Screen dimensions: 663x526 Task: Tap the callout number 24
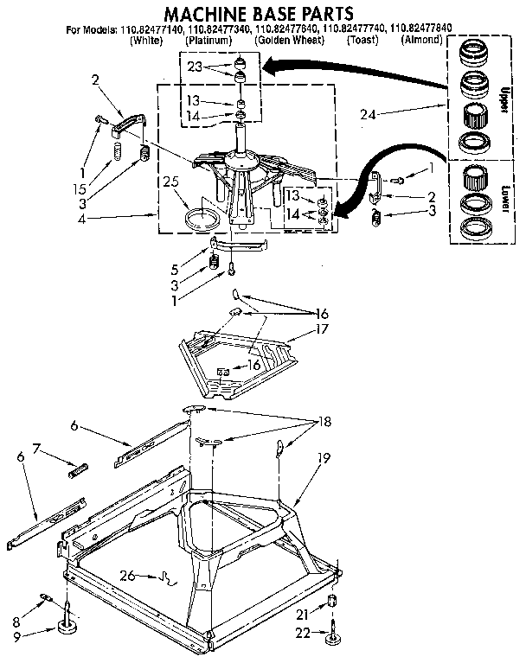pyautogui.click(x=370, y=112)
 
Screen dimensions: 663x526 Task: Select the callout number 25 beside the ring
pyautogui.click(x=171, y=182)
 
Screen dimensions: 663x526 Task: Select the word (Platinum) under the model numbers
pyautogui.click(x=208, y=40)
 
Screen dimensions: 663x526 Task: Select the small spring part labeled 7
pyautogui.click(x=79, y=469)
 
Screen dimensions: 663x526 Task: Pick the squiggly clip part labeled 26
pyautogui.click(x=166, y=577)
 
